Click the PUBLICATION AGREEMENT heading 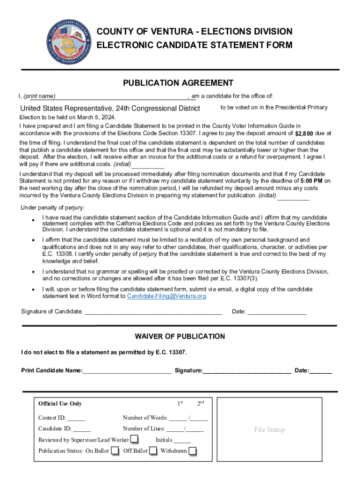pos(178,83)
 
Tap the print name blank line pos(122,97)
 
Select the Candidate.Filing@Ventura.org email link pos(166,296)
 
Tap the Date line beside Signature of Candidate pos(277,312)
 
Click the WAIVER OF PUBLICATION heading pos(180,336)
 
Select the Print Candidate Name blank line pos(127,371)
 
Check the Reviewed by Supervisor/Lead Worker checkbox pos(134,439)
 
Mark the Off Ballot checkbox pos(153,450)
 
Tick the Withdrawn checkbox pos(192,450)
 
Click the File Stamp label pos(269,429)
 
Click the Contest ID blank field pos(76,418)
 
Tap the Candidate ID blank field pos(82,429)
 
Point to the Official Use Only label pos(60,404)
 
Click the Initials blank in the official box pos(182,440)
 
